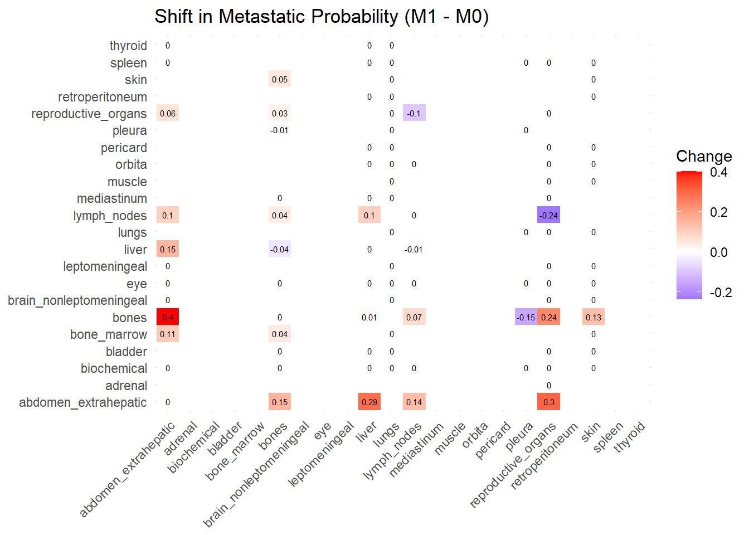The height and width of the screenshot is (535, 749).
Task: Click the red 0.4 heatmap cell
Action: [x=168, y=317]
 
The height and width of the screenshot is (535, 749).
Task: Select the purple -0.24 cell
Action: [x=548, y=215]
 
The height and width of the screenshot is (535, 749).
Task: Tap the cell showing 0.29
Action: [x=369, y=402]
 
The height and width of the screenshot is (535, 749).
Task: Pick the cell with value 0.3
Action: [x=548, y=402]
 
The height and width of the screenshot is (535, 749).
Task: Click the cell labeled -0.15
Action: [x=526, y=317]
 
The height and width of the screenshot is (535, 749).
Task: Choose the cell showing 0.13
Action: [x=594, y=317]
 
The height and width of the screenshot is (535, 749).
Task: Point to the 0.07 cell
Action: [x=414, y=317]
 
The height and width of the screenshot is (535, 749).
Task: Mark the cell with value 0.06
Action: [x=168, y=113]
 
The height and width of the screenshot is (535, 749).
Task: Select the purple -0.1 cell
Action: [x=414, y=113]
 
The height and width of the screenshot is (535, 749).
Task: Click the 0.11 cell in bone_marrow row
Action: [x=168, y=334]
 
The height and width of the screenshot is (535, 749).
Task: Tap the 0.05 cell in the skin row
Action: [x=280, y=79]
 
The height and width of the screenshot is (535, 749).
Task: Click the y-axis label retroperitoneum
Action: [x=103, y=97]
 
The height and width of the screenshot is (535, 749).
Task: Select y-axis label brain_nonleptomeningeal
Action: [x=77, y=301]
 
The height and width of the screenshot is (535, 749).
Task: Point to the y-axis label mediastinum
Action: [x=112, y=199]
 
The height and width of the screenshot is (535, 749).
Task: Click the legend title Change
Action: [x=704, y=157]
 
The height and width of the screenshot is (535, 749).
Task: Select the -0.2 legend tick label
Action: [x=721, y=293]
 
